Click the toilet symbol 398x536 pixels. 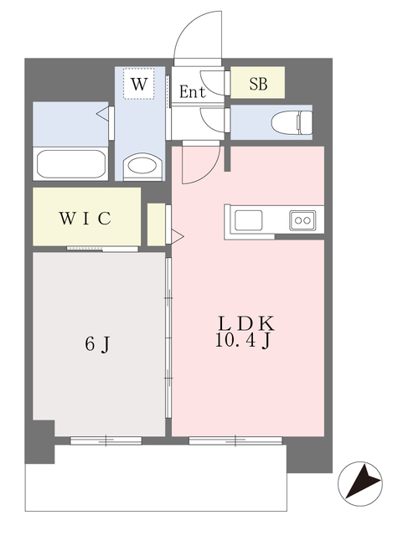[292, 122]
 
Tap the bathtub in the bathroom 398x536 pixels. [70, 164]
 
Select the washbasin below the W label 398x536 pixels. [142, 166]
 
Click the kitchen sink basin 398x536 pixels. [249, 220]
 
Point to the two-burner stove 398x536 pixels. [302, 220]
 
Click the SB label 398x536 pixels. [258, 84]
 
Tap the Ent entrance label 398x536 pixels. [193, 91]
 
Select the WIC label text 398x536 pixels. [85, 218]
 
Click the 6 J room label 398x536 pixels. [97, 343]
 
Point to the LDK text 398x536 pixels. [246, 324]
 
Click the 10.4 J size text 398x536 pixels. [243, 341]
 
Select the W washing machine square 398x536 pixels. [139, 84]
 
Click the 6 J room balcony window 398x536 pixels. [106, 441]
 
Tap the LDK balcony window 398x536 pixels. [235, 441]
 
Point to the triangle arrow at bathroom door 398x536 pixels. [102, 114]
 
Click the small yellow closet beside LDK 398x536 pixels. [156, 224]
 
